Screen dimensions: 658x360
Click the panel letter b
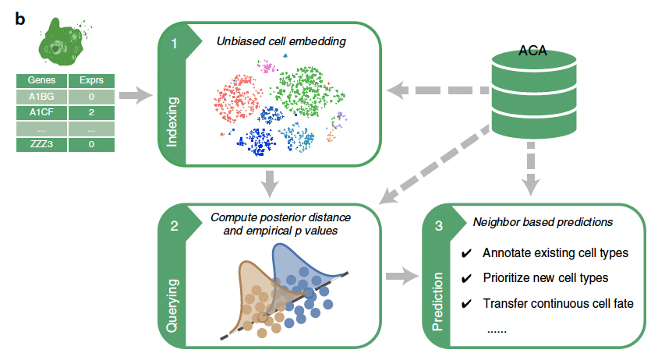pos(19,19)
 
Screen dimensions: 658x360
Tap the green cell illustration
pos(64,42)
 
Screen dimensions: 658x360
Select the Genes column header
pos(41,80)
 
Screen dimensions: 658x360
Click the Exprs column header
pos(91,80)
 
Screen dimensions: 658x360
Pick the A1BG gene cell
pos(41,97)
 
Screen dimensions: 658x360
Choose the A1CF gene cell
pos(41,112)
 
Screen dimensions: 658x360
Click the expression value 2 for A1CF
pos(91,112)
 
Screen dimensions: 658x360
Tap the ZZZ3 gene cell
pos(41,144)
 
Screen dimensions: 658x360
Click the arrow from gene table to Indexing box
pos(136,96)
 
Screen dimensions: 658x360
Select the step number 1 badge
pos(174,44)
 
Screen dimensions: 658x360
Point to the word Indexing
pos(172,122)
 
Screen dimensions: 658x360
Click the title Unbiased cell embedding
pos(281,41)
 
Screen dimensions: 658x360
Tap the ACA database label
pos(532,51)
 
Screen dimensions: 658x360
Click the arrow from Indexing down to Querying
pos(270,184)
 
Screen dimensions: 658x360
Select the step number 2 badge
pos(174,226)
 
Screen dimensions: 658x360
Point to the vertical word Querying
pos(172,306)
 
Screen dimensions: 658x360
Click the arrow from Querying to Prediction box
pos(402,276)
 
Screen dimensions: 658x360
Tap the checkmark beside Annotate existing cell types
pos(466,253)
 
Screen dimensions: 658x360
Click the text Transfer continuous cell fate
pos(558,303)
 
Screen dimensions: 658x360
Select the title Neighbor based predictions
pos(543,222)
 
